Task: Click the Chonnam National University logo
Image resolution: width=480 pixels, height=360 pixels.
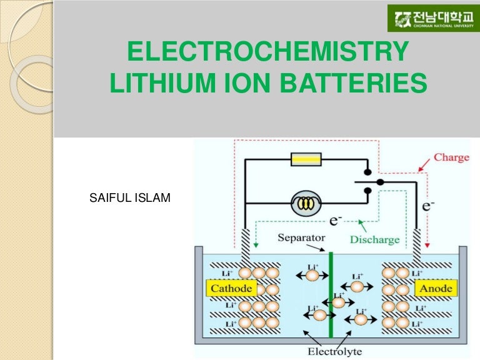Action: point(432,18)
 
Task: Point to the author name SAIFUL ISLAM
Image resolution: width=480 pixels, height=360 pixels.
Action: point(131,199)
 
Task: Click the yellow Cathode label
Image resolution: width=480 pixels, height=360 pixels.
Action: point(231,288)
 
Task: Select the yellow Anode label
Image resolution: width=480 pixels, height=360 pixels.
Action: point(436,288)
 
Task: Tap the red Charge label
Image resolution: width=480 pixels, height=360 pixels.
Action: point(451,157)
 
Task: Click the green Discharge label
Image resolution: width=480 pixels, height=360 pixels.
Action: point(374,239)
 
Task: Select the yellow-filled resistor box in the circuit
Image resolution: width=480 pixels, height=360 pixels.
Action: point(306,159)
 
